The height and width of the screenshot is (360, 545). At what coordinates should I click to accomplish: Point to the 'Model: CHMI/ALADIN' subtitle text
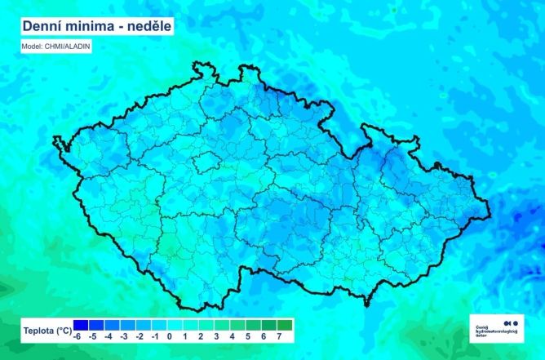click(x=56, y=47)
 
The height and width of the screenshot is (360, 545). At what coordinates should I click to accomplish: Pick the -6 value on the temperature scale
click(x=78, y=336)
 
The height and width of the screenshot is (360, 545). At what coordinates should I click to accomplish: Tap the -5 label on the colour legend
click(x=93, y=336)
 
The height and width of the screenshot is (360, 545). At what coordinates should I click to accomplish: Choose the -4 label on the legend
click(x=109, y=336)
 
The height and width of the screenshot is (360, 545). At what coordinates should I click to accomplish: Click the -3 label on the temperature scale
click(x=124, y=336)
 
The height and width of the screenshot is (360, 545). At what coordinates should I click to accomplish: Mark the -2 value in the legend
click(x=140, y=336)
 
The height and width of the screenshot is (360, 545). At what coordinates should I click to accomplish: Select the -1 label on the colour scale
click(x=155, y=336)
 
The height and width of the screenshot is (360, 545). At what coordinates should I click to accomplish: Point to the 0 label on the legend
click(x=171, y=336)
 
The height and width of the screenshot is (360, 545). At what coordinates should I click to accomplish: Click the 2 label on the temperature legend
click(x=202, y=336)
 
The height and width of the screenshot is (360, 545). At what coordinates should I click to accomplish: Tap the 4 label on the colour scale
click(x=233, y=336)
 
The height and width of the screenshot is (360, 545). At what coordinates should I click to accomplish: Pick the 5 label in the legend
click(x=248, y=336)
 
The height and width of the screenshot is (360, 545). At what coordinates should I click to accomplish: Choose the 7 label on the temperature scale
click(x=279, y=336)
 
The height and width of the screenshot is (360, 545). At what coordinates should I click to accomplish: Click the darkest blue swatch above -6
click(x=78, y=325)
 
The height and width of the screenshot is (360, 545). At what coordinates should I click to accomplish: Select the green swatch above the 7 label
click(x=279, y=325)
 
